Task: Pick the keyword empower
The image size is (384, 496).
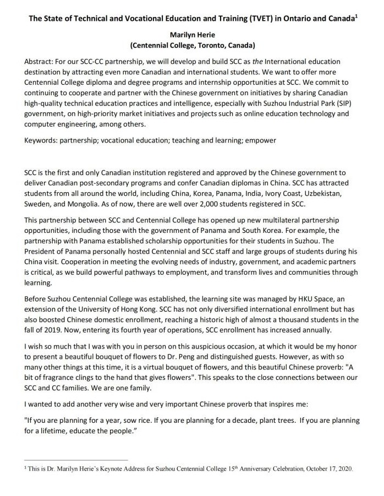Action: pyautogui.click(x=259, y=140)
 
